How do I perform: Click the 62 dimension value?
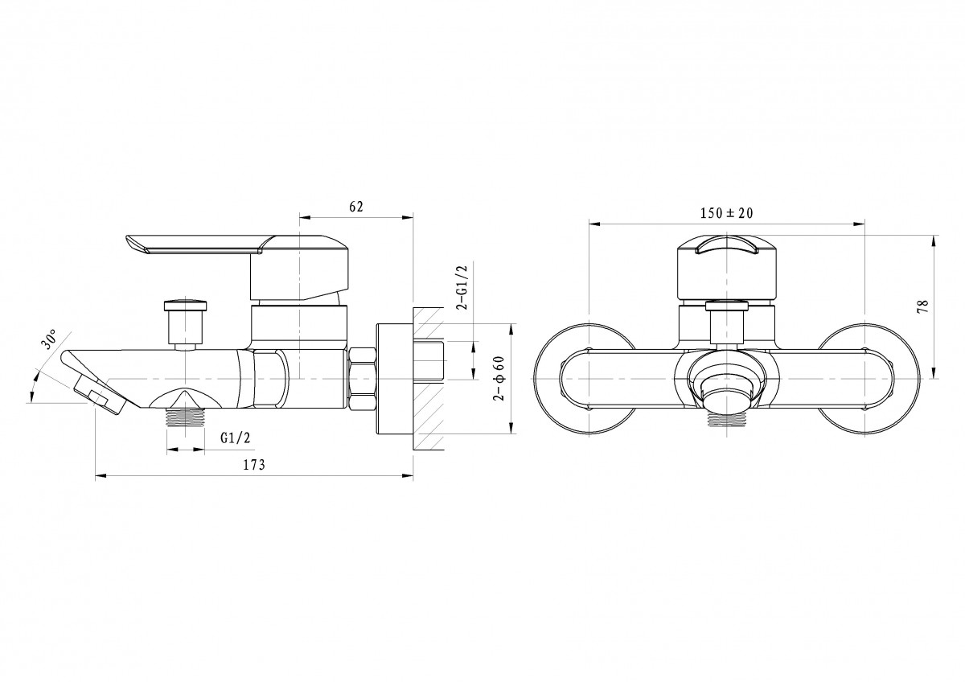click(355, 207)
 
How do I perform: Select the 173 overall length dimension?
click(254, 465)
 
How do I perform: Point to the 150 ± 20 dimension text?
click(726, 213)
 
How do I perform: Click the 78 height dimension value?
click(923, 306)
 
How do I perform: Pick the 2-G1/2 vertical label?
click(462, 287)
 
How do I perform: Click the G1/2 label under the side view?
click(235, 438)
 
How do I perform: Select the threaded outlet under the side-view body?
click(186, 417)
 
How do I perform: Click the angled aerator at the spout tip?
click(100, 395)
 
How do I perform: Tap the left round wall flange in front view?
click(584, 379)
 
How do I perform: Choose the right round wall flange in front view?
click(868, 379)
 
